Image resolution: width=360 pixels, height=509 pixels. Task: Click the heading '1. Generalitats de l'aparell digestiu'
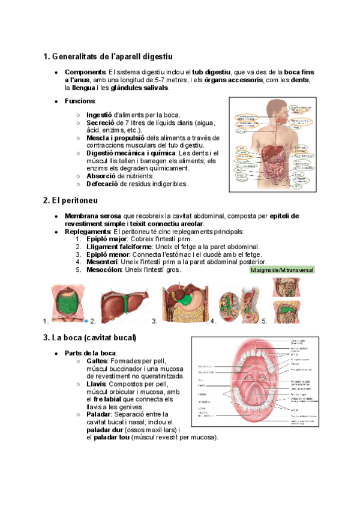[107, 57]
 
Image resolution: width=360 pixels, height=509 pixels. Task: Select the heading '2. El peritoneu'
[70, 199]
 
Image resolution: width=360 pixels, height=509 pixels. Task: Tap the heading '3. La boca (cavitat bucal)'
[90, 338]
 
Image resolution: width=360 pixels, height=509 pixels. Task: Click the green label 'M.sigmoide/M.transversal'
[282, 270]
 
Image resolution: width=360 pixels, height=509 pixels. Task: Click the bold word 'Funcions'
[80, 101]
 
